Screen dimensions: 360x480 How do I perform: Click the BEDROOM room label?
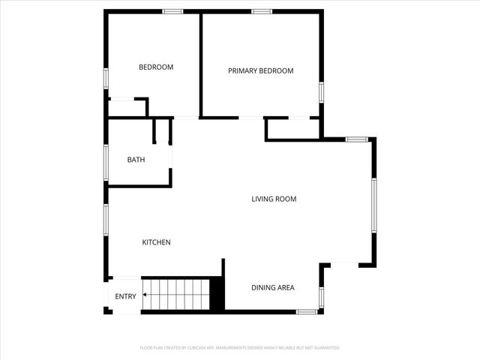tap(156, 67)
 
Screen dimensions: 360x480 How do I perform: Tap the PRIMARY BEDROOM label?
tap(260, 71)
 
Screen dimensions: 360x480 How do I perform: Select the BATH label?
tap(136, 160)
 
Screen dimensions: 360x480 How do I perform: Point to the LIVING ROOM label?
tap(274, 199)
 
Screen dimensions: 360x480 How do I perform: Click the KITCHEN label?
tap(157, 242)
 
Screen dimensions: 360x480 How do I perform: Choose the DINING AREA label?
tap(272, 288)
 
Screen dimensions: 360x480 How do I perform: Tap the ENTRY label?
tap(125, 296)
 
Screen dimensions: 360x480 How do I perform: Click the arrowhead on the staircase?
tap(144, 296)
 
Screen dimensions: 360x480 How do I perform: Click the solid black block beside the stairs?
tap(217, 293)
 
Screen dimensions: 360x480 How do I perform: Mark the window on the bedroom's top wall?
tap(173, 11)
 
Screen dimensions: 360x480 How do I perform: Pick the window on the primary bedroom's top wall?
tap(261, 11)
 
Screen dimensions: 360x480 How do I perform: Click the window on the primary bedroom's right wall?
tap(321, 92)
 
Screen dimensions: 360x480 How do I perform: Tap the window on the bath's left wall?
tap(106, 161)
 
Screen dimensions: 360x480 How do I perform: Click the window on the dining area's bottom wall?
tap(306, 311)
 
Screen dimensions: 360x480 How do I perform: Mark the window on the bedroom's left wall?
tap(106, 79)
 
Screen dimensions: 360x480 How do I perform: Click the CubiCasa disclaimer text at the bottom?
tap(240, 348)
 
